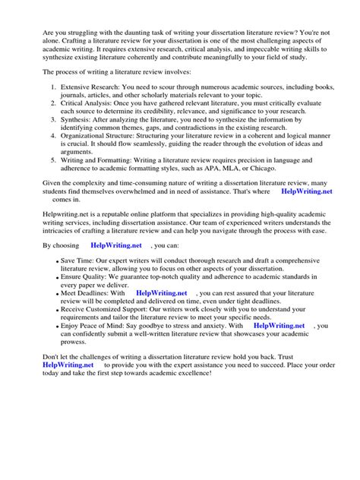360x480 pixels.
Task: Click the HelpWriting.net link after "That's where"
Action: pos(306,192)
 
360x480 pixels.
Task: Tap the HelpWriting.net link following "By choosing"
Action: pos(117,246)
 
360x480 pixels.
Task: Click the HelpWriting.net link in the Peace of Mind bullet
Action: pos(278,325)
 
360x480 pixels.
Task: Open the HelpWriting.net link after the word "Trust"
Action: pos(69,365)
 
